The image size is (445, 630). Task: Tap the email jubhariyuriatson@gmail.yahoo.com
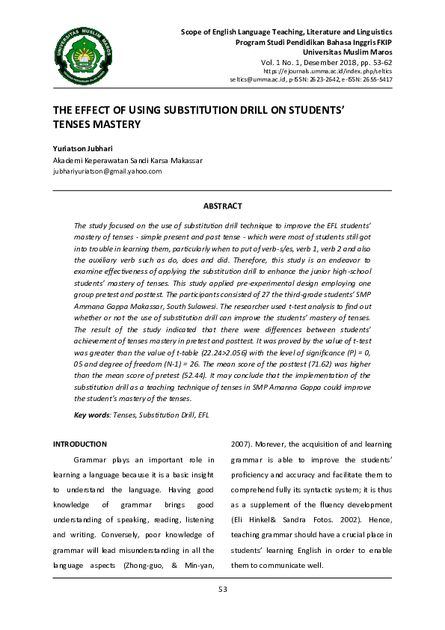tap(107, 171)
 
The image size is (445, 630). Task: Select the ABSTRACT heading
tap(222, 206)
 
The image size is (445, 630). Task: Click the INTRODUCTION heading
tap(79, 444)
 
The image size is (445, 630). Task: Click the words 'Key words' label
tap(91, 414)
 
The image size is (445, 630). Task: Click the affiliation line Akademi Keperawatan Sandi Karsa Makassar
tap(127, 160)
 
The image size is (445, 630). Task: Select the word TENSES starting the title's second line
tap(72, 123)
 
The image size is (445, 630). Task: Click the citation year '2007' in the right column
tap(241, 444)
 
